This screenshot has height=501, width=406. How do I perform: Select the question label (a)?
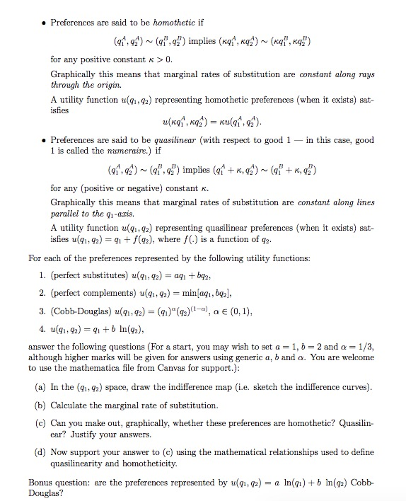(x=42, y=388)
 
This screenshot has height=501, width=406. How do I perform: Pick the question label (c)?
(x=42, y=422)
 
